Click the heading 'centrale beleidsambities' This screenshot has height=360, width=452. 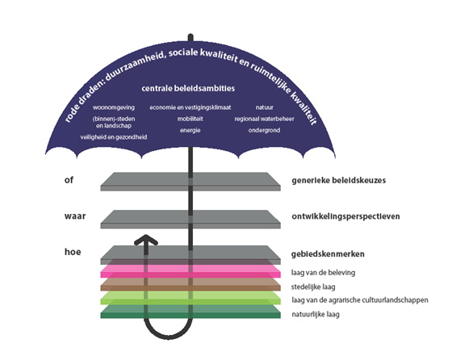(188, 88)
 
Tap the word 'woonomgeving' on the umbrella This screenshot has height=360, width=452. (114, 107)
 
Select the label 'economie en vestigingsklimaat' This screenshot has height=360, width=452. (190, 107)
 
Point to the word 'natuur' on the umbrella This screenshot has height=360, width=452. (265, 107)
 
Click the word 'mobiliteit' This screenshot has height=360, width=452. (190, 119)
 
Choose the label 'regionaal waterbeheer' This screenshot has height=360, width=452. (264, 119)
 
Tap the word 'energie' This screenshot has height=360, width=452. (190, 130)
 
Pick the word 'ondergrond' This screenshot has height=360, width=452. (264, 130)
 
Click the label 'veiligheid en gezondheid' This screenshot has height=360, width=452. (114, 137)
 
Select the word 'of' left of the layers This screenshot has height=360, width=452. (69, 180)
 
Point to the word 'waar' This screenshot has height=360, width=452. (75, 216)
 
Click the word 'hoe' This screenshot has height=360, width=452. (73, 252)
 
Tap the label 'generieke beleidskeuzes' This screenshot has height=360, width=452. (339, 181)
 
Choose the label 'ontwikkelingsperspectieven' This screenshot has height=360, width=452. (345, 216)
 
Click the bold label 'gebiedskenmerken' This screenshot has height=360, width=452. (328, 254)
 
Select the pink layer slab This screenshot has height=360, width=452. (190, 271)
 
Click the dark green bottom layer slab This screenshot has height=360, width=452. (190, 312)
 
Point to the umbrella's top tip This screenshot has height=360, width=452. (190, 36)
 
